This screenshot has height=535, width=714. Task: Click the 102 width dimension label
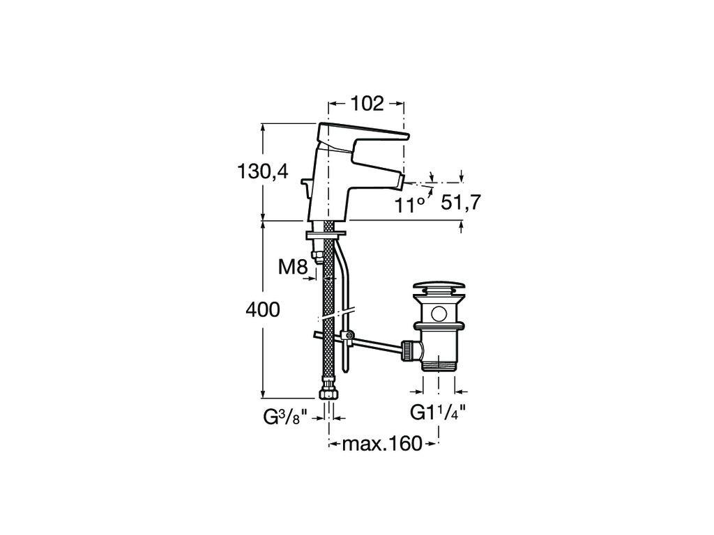pos(367,103)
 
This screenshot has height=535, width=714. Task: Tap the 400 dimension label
pos(262,309)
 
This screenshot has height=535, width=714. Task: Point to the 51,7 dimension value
pos(462,203)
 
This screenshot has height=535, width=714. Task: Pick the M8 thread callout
pos(293,266)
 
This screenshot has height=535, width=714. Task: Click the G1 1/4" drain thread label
pos(438,412)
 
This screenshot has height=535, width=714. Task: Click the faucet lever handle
pos(363,132)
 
